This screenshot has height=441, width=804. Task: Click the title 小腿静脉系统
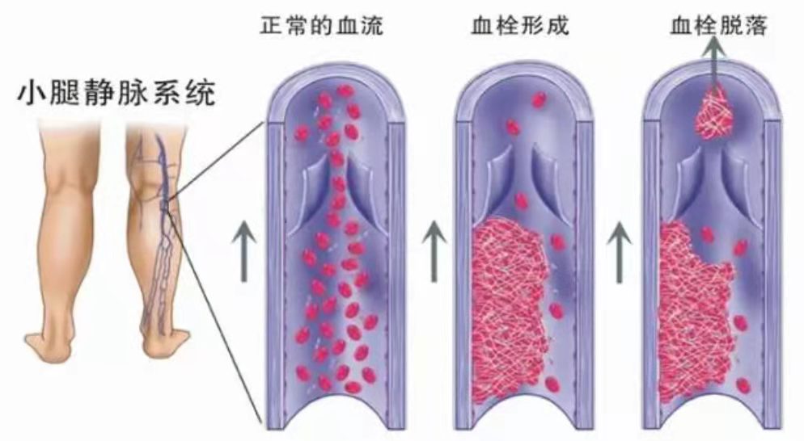pyautogui.click(x=116, y=94)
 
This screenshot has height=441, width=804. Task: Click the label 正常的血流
pyautogui.click(x=321, y=25)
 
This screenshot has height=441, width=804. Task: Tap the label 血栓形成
pyautogui.click(x=520, y=25)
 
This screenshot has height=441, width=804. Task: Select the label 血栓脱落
pyautogui.click(x=719, y=25)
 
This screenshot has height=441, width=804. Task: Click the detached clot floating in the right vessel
pyautogui.click(x=713, y=113)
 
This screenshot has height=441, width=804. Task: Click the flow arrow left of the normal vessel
pyautogui.click(x=244, y=251)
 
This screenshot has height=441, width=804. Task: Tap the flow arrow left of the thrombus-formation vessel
pyautogui.click(x=434, y=251)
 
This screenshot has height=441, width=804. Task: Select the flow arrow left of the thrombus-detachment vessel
pyautogui.click(x=620, y=251)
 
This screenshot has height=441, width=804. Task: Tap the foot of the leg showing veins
pyautogui.click(x=165, y=342)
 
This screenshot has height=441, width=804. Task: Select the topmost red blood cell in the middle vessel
pyautogui.click(x=538, y=100)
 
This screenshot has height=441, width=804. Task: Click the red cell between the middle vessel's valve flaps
pyautogui.click(x=521, y=201)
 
